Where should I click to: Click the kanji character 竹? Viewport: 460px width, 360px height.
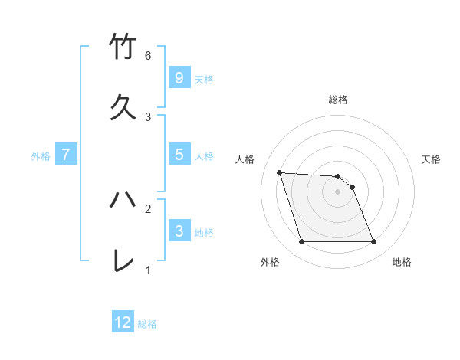click(123, 47)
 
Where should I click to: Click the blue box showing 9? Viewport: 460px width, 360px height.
click(179, 77)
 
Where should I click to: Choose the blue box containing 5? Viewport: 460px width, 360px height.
click(179, 155)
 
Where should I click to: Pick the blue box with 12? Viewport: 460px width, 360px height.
click(123, 322)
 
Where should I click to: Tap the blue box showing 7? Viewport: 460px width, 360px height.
click(66, 155)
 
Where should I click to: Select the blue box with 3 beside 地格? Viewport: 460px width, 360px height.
click(179, 231)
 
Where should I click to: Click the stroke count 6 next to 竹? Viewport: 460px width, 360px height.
click(148, 56)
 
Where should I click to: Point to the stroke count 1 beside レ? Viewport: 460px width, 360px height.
click(148, 270)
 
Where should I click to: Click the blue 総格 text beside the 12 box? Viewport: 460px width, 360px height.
click(147, 324)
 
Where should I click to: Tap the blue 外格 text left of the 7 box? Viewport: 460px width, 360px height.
click(41, 156)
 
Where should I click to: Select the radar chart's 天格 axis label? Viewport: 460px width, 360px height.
click(431, 159)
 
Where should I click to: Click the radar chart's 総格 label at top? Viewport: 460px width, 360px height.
click(337, 100)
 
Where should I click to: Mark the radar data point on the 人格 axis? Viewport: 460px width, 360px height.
click(279, 172)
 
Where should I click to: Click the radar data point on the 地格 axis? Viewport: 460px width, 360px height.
click(373, 242)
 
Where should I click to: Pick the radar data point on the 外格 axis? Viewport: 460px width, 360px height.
click(301, 242)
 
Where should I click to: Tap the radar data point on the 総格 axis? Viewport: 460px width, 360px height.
click(337, 176)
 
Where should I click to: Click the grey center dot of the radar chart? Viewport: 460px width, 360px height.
click(337, 191)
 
